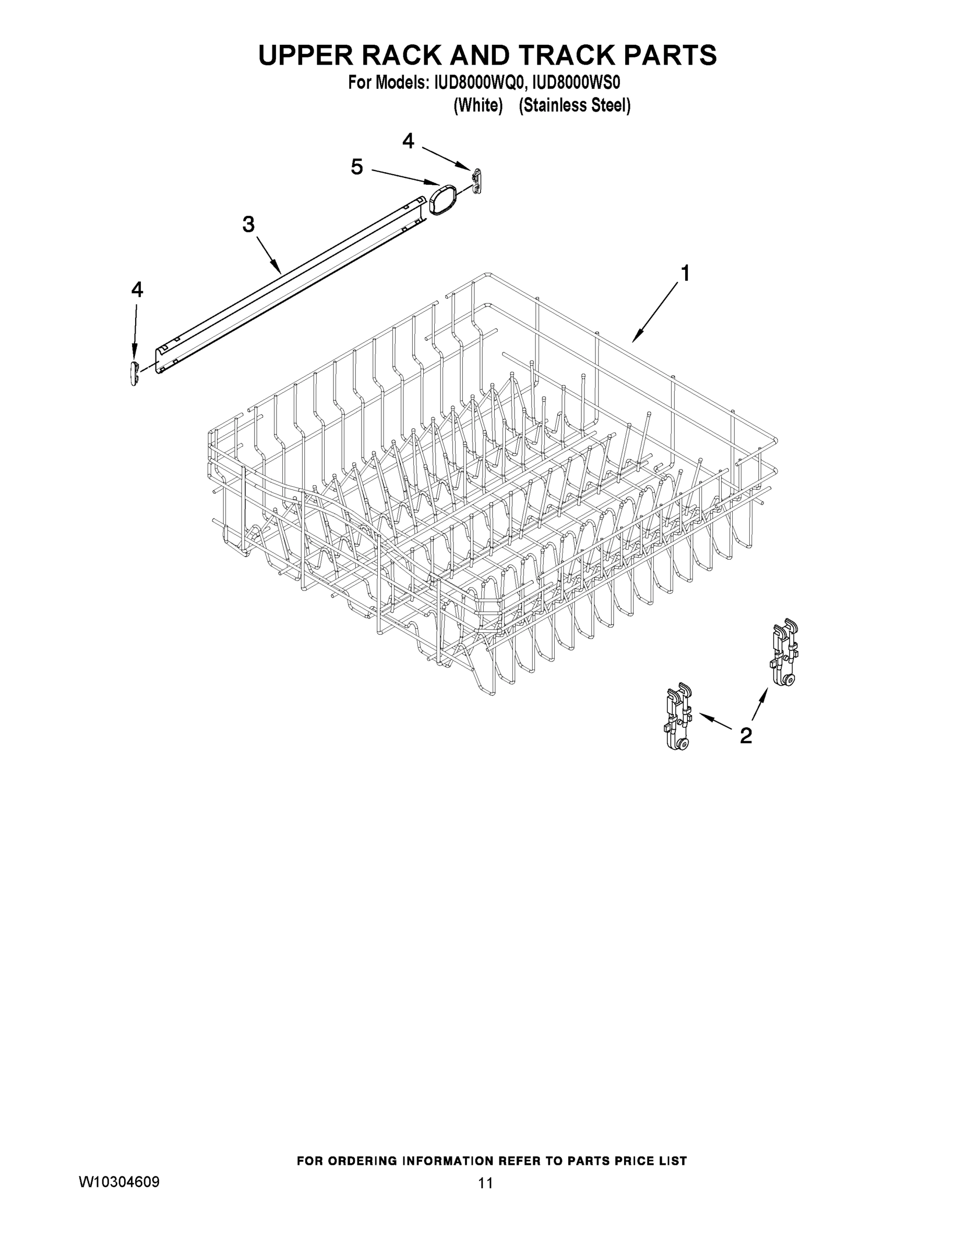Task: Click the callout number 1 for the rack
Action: click(684, 274)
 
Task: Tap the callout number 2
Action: click(746, 735)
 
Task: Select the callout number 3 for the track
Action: click(248, 224)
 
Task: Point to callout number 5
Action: click(357, 167)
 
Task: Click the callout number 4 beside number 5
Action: click(408, 140)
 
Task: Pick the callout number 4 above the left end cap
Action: click(137, 290)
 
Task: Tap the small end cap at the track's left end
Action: click(135, 372)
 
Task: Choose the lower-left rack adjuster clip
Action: click(678, 717)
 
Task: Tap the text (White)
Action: click(479, 106)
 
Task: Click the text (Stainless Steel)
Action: click(575, 106)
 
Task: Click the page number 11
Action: click(485, 1183)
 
